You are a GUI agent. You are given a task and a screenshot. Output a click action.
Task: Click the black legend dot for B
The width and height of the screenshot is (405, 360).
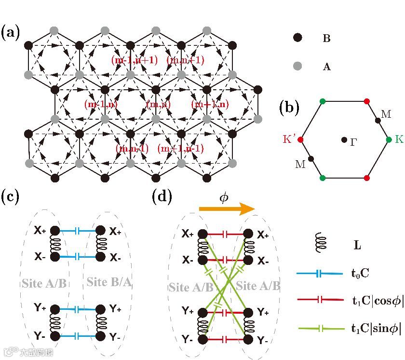[x=298, y=38]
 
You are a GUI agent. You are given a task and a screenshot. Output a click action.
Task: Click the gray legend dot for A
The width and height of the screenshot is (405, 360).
[x=298, y=66]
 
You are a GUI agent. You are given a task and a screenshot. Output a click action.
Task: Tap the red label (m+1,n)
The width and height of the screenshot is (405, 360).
[x=210, y=104]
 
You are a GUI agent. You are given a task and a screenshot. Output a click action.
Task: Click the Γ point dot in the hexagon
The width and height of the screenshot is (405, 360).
[x=343, y=140]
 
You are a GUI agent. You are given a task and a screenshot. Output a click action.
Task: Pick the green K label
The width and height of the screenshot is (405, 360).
[x=399, y=139]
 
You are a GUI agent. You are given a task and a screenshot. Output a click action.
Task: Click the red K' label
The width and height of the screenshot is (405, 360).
[x=290, y=139]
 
